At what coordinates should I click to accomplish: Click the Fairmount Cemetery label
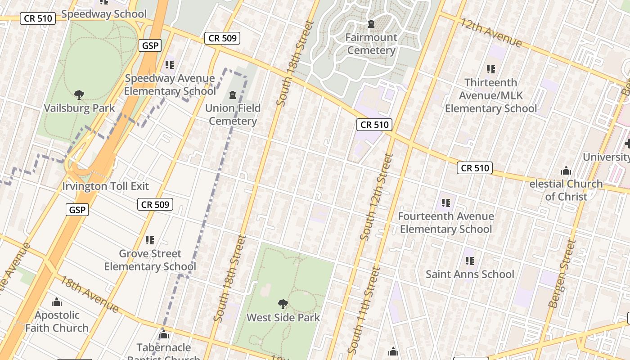click(x=371, y=44)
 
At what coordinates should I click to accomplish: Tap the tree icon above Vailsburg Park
click(x=79, y=94)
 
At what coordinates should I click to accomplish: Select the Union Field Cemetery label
click(x=233, y=114)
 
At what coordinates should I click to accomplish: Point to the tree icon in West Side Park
click(x=283, y=304)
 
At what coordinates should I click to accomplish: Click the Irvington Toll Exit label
click(x=105, y=186)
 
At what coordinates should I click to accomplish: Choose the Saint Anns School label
click(x=470, y=274)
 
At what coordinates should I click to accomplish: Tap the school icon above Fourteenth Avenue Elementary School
click(x=446, y=203)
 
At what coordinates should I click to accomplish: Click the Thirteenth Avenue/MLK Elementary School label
click(x=491, y=95)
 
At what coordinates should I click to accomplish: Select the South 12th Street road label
click(x=377, y=197)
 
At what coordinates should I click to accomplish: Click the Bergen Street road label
click(x=562, y=274)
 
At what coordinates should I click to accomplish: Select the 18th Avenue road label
click(x=90, y=294)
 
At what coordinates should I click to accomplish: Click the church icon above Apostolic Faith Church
click(x=57, y=302)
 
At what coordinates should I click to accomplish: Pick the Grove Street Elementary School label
click(x=150, y=260)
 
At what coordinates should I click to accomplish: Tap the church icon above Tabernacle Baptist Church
click(x=163, y=335)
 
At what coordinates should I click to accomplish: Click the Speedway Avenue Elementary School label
click(x=170, y=85)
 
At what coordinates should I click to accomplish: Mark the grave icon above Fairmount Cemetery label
click(x=371, y=24)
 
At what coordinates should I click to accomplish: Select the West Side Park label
click(x=283, y=317)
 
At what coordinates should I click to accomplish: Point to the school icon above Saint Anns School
click(x=470, y=261)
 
